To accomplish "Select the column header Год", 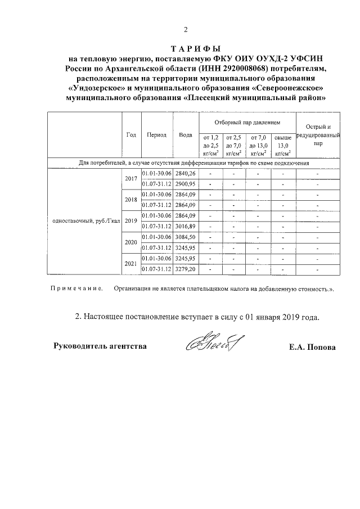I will coord(132,135).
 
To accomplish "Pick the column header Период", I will coord(156,135).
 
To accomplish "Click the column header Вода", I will coord(185,135).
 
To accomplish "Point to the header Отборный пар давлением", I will coord(245,122).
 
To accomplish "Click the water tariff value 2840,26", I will coord(185,173).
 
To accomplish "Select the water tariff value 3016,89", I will coord(185,226).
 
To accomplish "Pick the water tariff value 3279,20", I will coord(185,269).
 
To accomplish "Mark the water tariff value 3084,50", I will coord(185,237).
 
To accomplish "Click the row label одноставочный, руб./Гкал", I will coord(85,220).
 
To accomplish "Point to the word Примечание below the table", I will coord(76,289).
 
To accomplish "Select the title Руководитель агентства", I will coord(100,346).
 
